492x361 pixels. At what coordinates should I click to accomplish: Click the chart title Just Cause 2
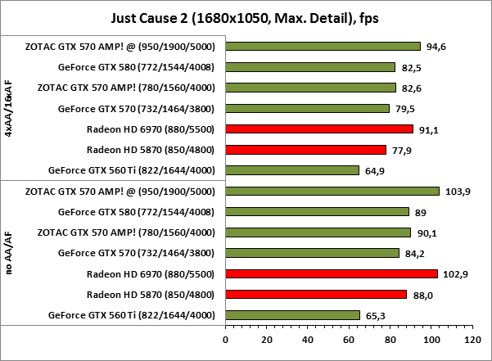tap(246, 17)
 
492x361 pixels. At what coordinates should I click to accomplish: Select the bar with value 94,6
tap(323, 47)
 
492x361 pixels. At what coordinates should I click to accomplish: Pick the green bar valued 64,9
tap(292, 170)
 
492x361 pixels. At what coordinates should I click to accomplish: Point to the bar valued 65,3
tap(292, 315)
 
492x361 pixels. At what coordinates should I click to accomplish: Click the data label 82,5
tap(412, 67)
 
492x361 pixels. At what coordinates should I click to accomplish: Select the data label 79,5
tap(405, 108)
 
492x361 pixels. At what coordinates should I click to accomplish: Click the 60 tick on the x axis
tap(349, 338)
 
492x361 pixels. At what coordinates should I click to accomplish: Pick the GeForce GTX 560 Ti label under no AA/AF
tap(132, 315)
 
